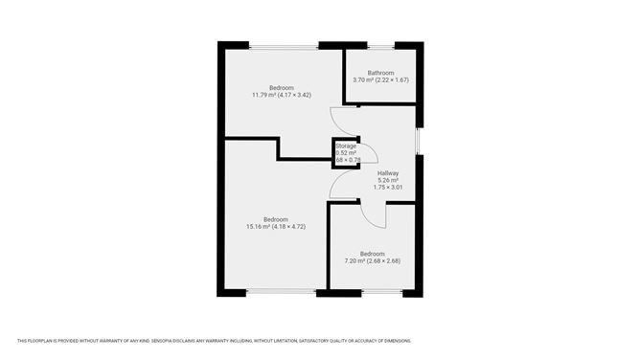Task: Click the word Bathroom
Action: (380, 73)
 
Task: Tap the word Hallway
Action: (387, 173)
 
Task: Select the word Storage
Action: (345, 146)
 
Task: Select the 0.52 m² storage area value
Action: (345, 152)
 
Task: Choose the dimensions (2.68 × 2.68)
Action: (388, 260)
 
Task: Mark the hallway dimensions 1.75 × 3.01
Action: (387, 189)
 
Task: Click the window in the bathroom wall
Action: (380, 45)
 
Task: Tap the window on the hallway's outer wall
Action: (419, 141)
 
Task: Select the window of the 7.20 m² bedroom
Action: (372, 292)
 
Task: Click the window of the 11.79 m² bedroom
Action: (285, 45)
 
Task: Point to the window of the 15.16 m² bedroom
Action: (277, 292)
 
